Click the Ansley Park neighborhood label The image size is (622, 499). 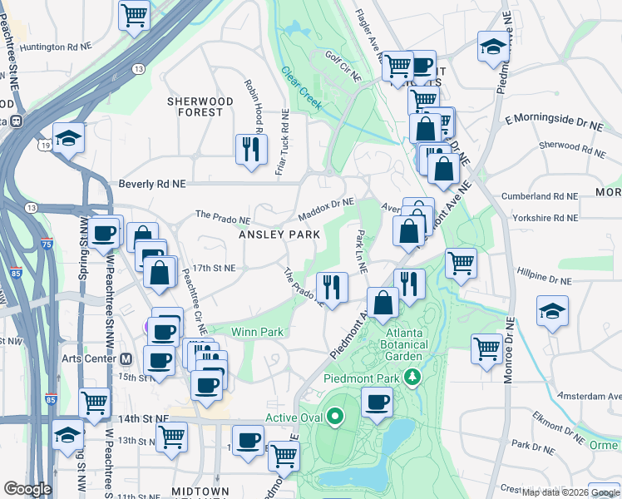pyautogui.click(x=279, y=235)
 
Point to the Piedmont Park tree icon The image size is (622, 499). pyautogui.click(x=412, y=378)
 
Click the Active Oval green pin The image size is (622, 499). pyautogui.click(x=335, y=415)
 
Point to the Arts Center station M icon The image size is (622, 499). pyautogui.click(x=126, y=359)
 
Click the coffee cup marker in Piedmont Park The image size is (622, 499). pyautogui.click(x=378, y=403)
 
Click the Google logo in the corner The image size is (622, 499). pyautogui.click(x=27, y=489)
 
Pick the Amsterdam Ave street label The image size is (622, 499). pyautogui.click(x=589, y=396)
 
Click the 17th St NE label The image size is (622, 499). pyautogui.click(x=215, y=269)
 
